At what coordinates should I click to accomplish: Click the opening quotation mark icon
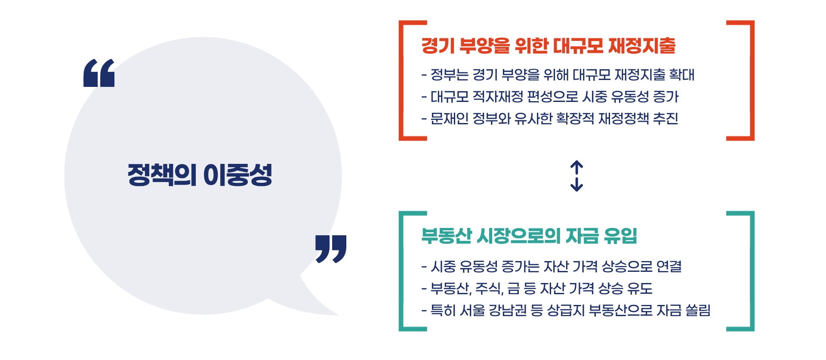point(99,73)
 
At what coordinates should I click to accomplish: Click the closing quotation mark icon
point(330,249)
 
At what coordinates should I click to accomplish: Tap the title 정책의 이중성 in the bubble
point(200,175)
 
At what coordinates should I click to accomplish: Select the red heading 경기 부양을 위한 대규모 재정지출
point(548,46)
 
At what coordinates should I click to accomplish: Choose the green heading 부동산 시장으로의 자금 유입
point(529,236)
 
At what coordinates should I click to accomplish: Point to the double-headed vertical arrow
point(576,176)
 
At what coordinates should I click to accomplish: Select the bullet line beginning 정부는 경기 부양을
point(558,75)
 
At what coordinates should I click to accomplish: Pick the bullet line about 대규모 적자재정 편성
point(550,97)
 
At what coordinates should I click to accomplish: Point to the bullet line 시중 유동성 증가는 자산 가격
point(552,267)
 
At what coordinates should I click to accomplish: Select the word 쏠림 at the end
point(698,311)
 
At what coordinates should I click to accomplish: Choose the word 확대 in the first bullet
point(681,75)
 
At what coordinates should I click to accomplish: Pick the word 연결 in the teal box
point(669,267)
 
